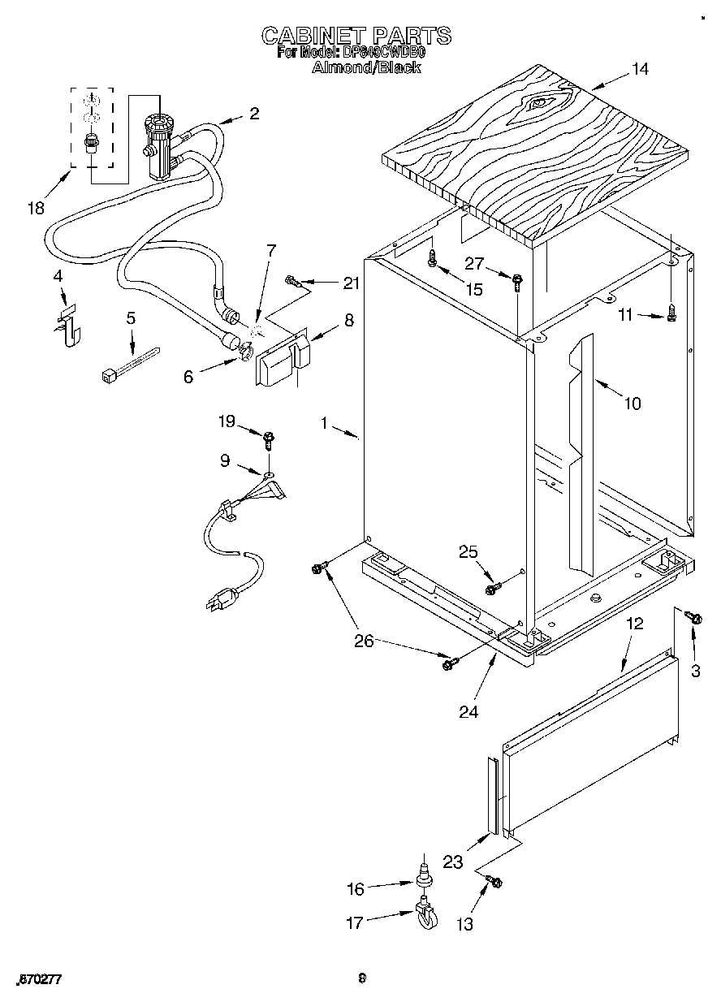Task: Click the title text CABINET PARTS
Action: coord(356,36)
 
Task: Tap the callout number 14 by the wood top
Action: coord(640,69)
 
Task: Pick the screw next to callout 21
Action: coord(294,282)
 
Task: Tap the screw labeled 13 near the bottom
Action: coord(493,881)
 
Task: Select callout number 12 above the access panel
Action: coord(634,624)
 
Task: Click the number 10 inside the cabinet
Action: coord(631,403)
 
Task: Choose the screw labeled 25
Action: coord(490,588)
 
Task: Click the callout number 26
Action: coord(363,641)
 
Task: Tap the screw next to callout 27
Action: coord(517,281)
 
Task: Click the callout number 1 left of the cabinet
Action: coord(324,423)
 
